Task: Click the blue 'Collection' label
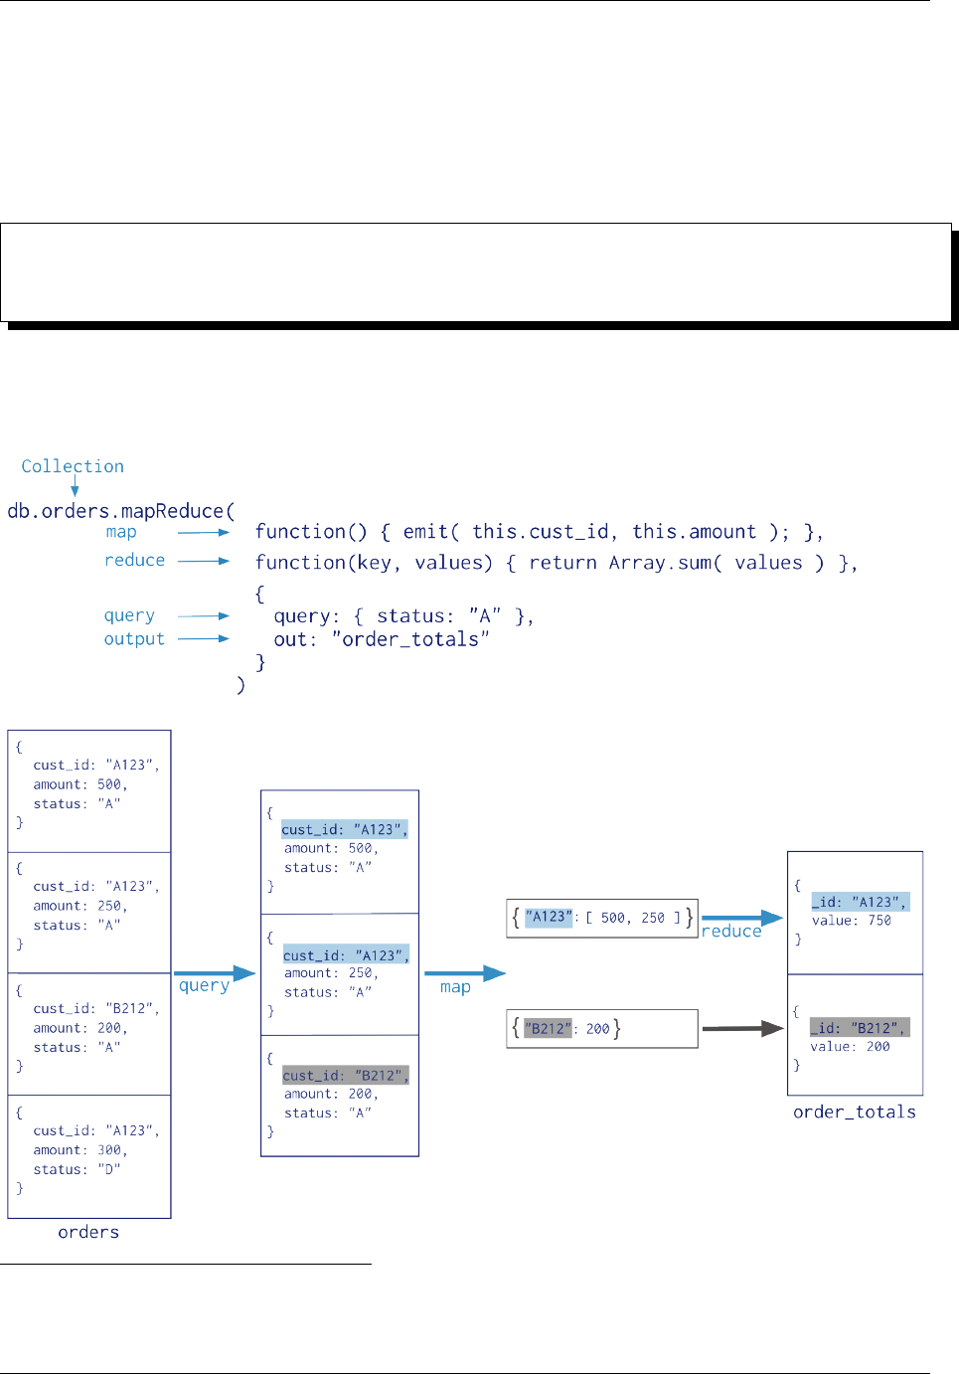(73, 466)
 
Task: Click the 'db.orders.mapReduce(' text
(121, 511)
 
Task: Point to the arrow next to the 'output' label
(204, 638)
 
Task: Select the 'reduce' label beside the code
(134, 561)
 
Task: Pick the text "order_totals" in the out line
(410, 639)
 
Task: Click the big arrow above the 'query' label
(215, 973)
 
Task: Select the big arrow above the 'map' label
(465, 973)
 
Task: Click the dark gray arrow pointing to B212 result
(743, 1029)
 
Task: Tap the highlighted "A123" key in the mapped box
(549, 918)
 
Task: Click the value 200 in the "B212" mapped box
(597, 1029)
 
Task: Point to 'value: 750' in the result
(852, 921)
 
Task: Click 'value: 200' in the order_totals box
(850, 1047)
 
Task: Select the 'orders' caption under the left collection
(88, 1232)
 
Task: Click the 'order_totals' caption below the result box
(855, 1112)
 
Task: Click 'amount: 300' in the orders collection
(80, 1150)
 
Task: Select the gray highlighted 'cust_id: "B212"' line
(345, 1076)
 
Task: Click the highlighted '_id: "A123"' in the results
(860, 902)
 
